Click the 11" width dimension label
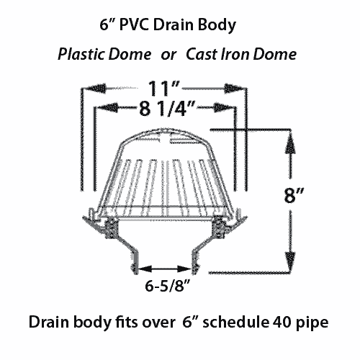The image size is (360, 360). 164,89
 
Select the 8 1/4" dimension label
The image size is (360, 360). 166,109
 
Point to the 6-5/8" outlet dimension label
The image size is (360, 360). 168,286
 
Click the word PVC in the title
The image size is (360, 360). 135,24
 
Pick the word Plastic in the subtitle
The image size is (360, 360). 81,54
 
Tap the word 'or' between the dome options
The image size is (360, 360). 168,55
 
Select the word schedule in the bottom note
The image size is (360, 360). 235,322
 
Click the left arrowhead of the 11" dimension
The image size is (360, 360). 96,89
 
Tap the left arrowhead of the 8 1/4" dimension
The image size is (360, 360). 108,107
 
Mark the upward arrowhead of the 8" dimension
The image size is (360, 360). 290,143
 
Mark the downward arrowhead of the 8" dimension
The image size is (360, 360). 290,258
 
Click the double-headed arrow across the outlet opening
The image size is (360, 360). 165,269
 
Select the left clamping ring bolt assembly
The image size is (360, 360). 112,228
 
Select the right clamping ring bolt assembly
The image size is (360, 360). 218,228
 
